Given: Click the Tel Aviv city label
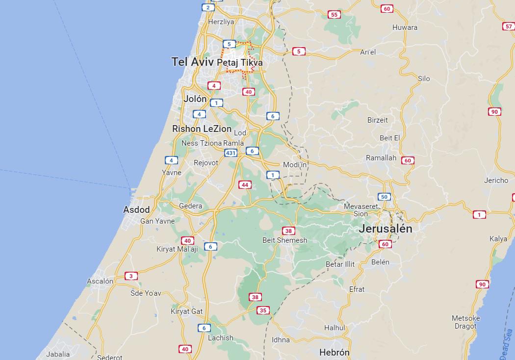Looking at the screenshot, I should tap(192, 62).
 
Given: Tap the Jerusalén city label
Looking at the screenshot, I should tap(385, 229).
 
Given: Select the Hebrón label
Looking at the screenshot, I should tap(334, 352).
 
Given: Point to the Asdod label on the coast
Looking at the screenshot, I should tap(136, 210).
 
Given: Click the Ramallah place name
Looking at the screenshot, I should tap(381, 158).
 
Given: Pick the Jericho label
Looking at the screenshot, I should tap(496, 180).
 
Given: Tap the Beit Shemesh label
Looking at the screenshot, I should tap(284, 240).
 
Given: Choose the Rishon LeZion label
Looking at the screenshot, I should tap(202, 129).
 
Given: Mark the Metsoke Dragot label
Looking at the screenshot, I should tap(465, 322).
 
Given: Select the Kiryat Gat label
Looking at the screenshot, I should tap(186, 311).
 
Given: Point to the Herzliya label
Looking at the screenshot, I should tap(221, 22).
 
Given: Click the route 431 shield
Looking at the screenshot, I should tap(231, 153).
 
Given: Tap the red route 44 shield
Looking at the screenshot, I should tap(245, 185).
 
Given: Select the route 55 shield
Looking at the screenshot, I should tap(335, 15).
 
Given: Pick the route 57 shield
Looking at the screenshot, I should tap(508, 26).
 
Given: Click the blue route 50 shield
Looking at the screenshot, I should tap(384, 197).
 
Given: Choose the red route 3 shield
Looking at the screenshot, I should tap(130, 276).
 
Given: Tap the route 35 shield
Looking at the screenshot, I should tap(263, 310).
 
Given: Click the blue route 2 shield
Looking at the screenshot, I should tap(208, 7).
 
